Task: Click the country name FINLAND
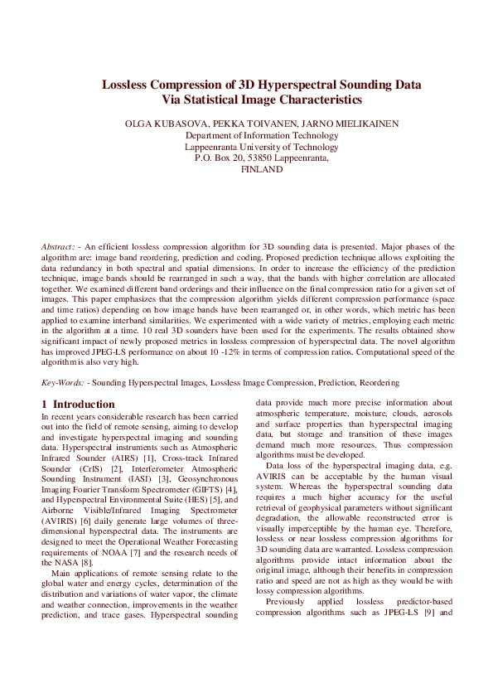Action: pos(261,168)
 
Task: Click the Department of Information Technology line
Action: pos(261,135)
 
